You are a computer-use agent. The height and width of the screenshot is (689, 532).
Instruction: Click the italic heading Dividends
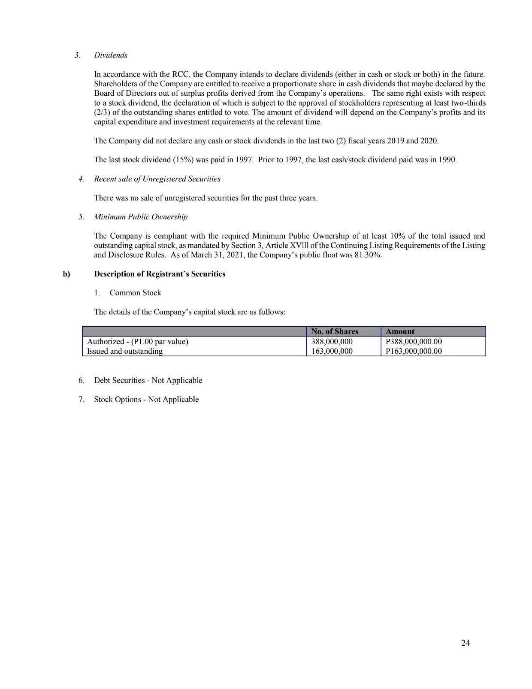pyautogui.click(x=111, y=55)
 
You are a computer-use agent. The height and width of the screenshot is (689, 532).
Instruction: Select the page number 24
pyautogui.click(x=465, y=643)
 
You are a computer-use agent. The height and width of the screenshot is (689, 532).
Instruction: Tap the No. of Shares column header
pyautogui.click(x=335, y=331)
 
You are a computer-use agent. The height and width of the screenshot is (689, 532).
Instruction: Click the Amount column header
pyautogui.click(x=400, y=331)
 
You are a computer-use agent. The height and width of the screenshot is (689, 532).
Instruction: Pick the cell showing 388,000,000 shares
pyautogui.click(x=332, y=342)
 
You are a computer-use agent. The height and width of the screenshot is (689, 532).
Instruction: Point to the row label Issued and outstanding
pyautogui.click(x=125, y=351)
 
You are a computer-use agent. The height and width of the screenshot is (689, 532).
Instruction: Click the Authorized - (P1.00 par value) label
pyautogui.click(x=138, y=342)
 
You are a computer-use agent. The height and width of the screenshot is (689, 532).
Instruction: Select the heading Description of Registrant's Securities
pyautogui.click(x=160, y=274)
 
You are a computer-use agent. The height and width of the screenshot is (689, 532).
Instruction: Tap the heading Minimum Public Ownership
pyautogui.click(x=141, y=217)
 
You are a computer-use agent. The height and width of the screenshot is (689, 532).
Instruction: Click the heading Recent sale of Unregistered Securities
pyautogui.click(x=157, y=179)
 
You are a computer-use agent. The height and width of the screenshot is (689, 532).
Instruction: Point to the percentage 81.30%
pyautogui.click(x=369, y=255)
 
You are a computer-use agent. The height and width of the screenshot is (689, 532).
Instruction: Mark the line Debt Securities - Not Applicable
pyautogui.click(x=148, y=380)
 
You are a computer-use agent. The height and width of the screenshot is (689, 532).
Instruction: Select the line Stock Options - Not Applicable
pyautogui.click(x=146, y=400)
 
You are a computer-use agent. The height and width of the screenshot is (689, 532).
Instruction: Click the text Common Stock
pyautogui.click(x=135, y=293)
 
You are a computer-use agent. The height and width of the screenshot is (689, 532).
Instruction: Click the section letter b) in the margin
pyautogui.click(x=66, y=274)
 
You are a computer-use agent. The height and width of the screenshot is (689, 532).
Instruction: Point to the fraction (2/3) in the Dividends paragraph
pyautogui.click(x=101, y=112)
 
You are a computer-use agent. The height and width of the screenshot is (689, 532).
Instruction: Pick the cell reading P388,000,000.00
pyautogui.click(x=414, y=342)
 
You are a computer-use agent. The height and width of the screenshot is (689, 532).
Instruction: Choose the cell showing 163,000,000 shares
pyautogui.click(x=332, y=351)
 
